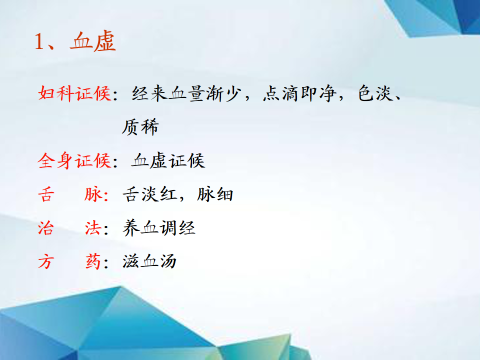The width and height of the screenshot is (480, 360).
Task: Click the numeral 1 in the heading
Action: (x=39, y=41)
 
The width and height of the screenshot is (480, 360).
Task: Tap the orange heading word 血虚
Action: (x=93, y=41)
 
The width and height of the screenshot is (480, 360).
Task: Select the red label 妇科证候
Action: (x=74, y=93)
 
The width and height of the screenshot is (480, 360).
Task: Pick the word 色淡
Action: (x=375, y=93)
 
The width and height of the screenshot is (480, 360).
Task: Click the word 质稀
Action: (x=140, y=126)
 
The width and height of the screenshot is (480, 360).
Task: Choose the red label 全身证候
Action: (x=74, y=160)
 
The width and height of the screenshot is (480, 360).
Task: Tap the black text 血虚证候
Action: (x=168, y=160)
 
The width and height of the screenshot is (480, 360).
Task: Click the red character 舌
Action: (x=46, y=194)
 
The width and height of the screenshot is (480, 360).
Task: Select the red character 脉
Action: (x=93, y=194)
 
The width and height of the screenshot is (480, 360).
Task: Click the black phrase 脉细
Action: (x=215, y=194)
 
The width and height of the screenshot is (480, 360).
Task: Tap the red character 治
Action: (x=46, y=228)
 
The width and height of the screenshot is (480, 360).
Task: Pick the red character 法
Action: (x=93, y=228)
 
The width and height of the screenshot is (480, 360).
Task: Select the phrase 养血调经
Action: (x=159, y=228)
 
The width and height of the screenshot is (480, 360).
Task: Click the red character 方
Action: (x=46, y=261)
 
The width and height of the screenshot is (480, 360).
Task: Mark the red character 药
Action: (x=93, y=261)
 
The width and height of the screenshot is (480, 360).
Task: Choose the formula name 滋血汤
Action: (x=149, y=261)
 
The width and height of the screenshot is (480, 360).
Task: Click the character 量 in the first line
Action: (x=196, y=93)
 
